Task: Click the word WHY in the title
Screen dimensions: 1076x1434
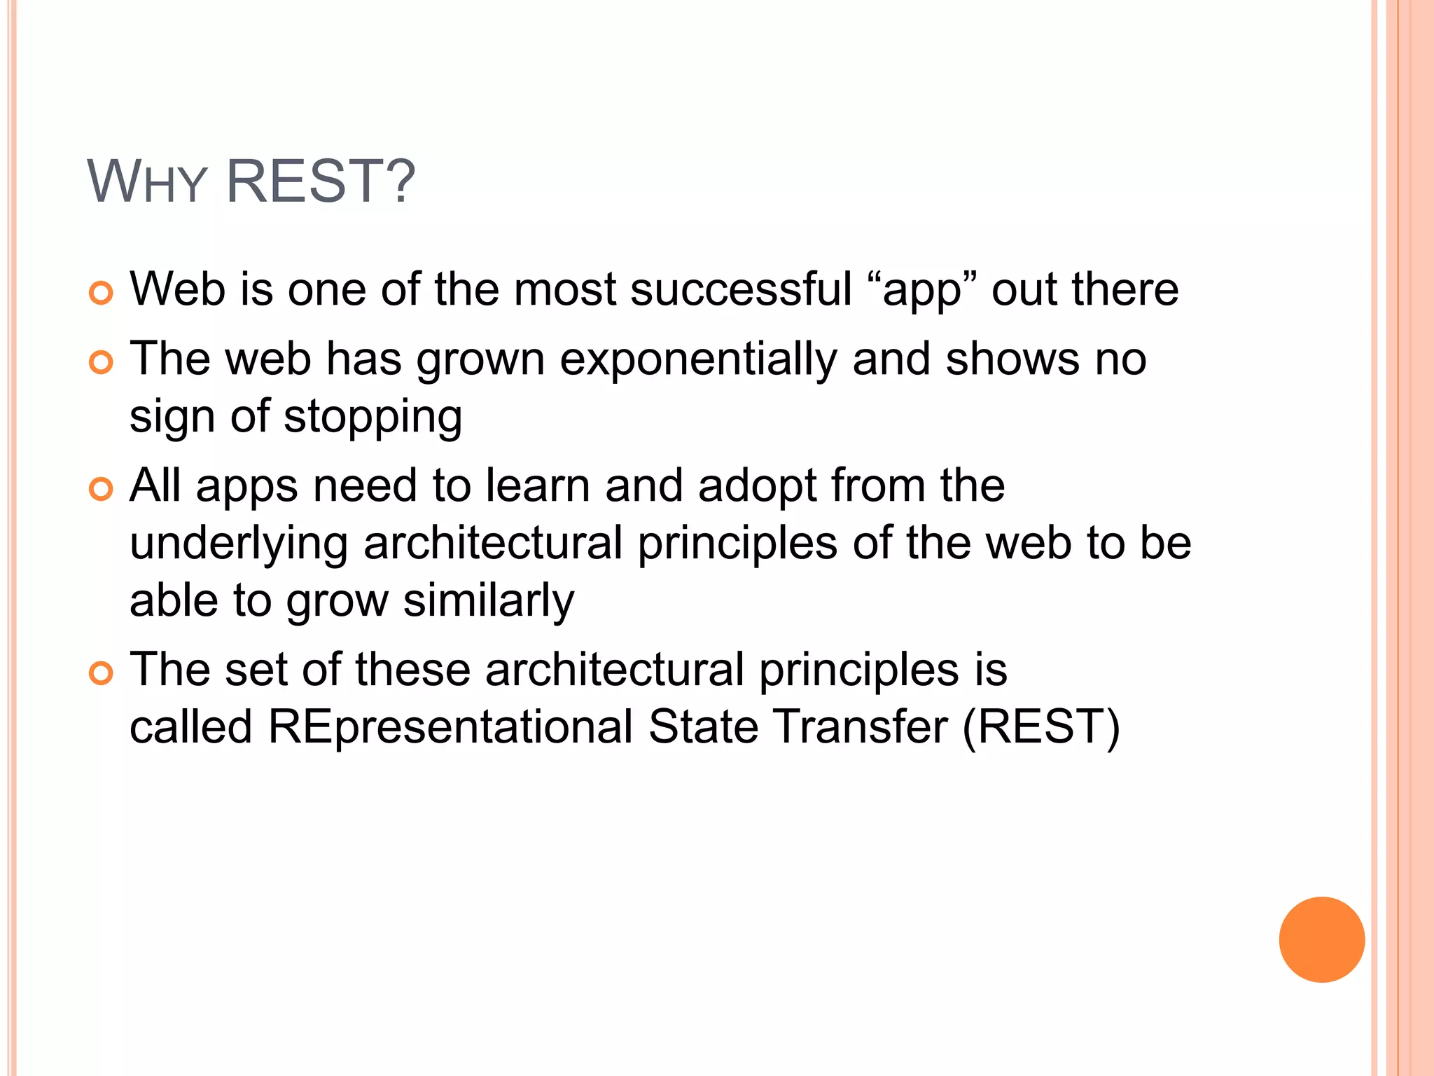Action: [x=147, y=182]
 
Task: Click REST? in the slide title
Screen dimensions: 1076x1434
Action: [x=321, y=182]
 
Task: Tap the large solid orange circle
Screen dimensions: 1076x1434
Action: [x=1321, y=939]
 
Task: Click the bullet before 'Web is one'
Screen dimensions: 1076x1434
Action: [x=102, y=293]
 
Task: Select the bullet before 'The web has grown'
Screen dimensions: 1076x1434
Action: [x=102, y=362]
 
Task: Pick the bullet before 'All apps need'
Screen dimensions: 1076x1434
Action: [x=102, y=489]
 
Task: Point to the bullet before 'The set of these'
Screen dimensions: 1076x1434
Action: [x=102, y=673]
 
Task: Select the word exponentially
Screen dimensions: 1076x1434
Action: [x=698, y=360]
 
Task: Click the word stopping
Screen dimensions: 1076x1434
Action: [x=373, y=418]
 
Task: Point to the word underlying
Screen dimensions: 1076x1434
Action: [x=239, y=544]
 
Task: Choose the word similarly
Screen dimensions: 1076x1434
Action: [x=489, y=602]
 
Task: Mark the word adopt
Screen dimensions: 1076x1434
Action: [x=756, y=486]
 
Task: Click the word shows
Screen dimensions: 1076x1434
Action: [x=1012, y=359]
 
